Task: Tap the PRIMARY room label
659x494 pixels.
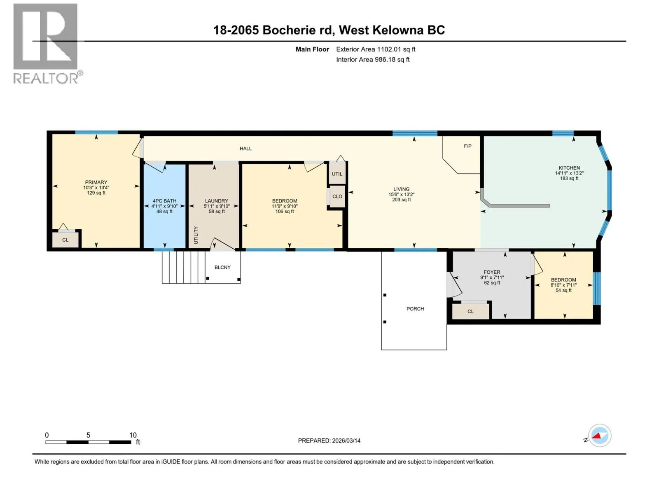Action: pyautogui.click(x=96, y=182)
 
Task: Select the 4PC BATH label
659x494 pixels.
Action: pyautogui.click(x=164, y=200)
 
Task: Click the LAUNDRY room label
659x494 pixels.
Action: pyautogui.click(x=217, y=200)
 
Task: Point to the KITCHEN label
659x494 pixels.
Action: pyautogui.click(x=569, y=168)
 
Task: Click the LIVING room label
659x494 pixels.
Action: pyautogui.click(x=402, y=189)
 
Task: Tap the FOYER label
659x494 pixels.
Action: pyautogui.click(x=492, y=272)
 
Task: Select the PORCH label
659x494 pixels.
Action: pyautogui.click(x=415, y=309)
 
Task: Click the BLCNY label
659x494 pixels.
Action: pyautogui.click(x=222, y=267)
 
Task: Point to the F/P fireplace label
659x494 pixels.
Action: pyautogui.click(x=468, y=146)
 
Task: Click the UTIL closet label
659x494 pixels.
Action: pyautogui.click(x=337, y=174)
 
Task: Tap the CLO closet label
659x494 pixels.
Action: pyautogui.click(x=337, y=196)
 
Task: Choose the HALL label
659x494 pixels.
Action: pyautogui.click(x=245, y=149)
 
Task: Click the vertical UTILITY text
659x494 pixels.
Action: pyautogui.click(x=196, y=235)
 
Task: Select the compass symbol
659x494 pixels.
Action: pyautogui.click(x=600, y=436)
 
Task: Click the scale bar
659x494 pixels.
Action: pyautogui.click(x=88, y=442)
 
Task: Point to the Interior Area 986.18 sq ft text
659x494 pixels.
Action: pyautogui.click(x=373, y=59)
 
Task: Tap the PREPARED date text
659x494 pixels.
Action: pyautogui.click(x=329, y=440)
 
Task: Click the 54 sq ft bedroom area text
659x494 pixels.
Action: pyautogui.click(x=563, y=290)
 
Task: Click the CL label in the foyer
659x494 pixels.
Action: pyautogui.click(x=470, y=311)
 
